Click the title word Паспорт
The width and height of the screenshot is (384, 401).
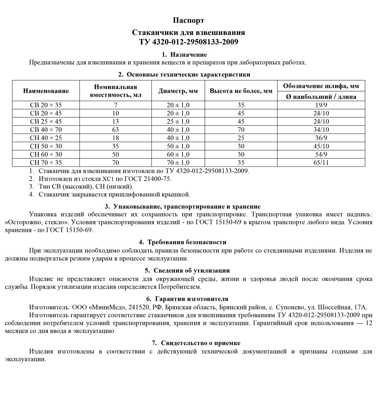click(x=189, y=21)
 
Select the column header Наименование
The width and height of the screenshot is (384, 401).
click(x=46, y=91)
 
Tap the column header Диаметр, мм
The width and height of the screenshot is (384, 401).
click(x=178, y=91)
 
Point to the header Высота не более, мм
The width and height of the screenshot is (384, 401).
click(x=241, y=91)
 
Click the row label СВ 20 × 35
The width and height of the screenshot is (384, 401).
click(x=46, y=105)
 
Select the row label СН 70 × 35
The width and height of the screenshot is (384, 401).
click(x=46, y=163)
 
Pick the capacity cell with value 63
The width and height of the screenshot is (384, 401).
click(x=115, y=129)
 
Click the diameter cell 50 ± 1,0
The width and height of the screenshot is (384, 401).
click(x=178, y=146)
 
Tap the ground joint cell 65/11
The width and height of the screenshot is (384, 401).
click(x=321, y=163)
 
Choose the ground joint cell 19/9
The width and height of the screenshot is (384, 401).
click(x=321, y=105)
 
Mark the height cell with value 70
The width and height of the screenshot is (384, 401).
click(x=241, y=129)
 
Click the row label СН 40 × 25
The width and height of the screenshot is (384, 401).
click(x=46, y=138)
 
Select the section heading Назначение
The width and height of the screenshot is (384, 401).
click(x=189, y=55)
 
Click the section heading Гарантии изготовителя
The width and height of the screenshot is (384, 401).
click(x=192, y=299)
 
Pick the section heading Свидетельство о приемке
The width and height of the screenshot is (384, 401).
click(x=201, y=343)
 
